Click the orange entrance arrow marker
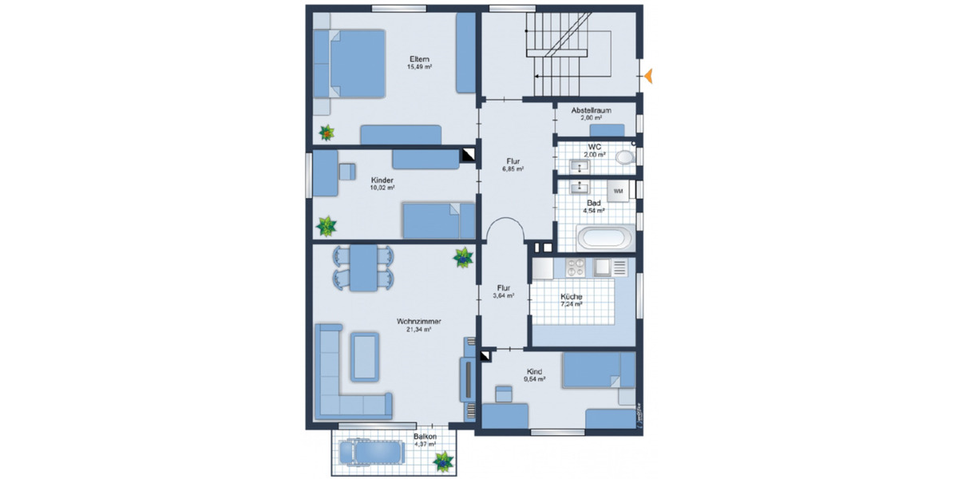(650, 77)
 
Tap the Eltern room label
(419, 60)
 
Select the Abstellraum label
(591, 111)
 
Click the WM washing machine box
(618, 192)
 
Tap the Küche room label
(572, 296)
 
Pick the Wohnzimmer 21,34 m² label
(419, 322)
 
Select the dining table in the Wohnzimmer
(363, 268)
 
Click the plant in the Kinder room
(327, 227)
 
